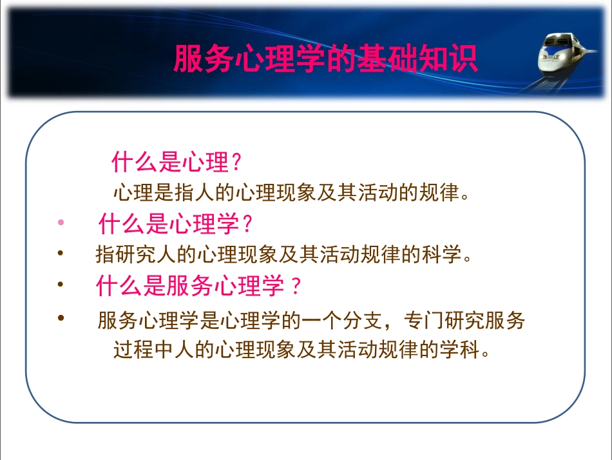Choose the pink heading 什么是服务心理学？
pos(199,286)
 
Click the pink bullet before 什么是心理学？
pos(61,223)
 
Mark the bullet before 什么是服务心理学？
pos(61,284)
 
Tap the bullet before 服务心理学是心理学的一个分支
pos(61,317)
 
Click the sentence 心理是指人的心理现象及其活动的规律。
pos(289,193)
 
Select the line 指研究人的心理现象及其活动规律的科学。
pos(284,255)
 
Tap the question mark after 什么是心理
pos(236,163)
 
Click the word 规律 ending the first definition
pos(443,193)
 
